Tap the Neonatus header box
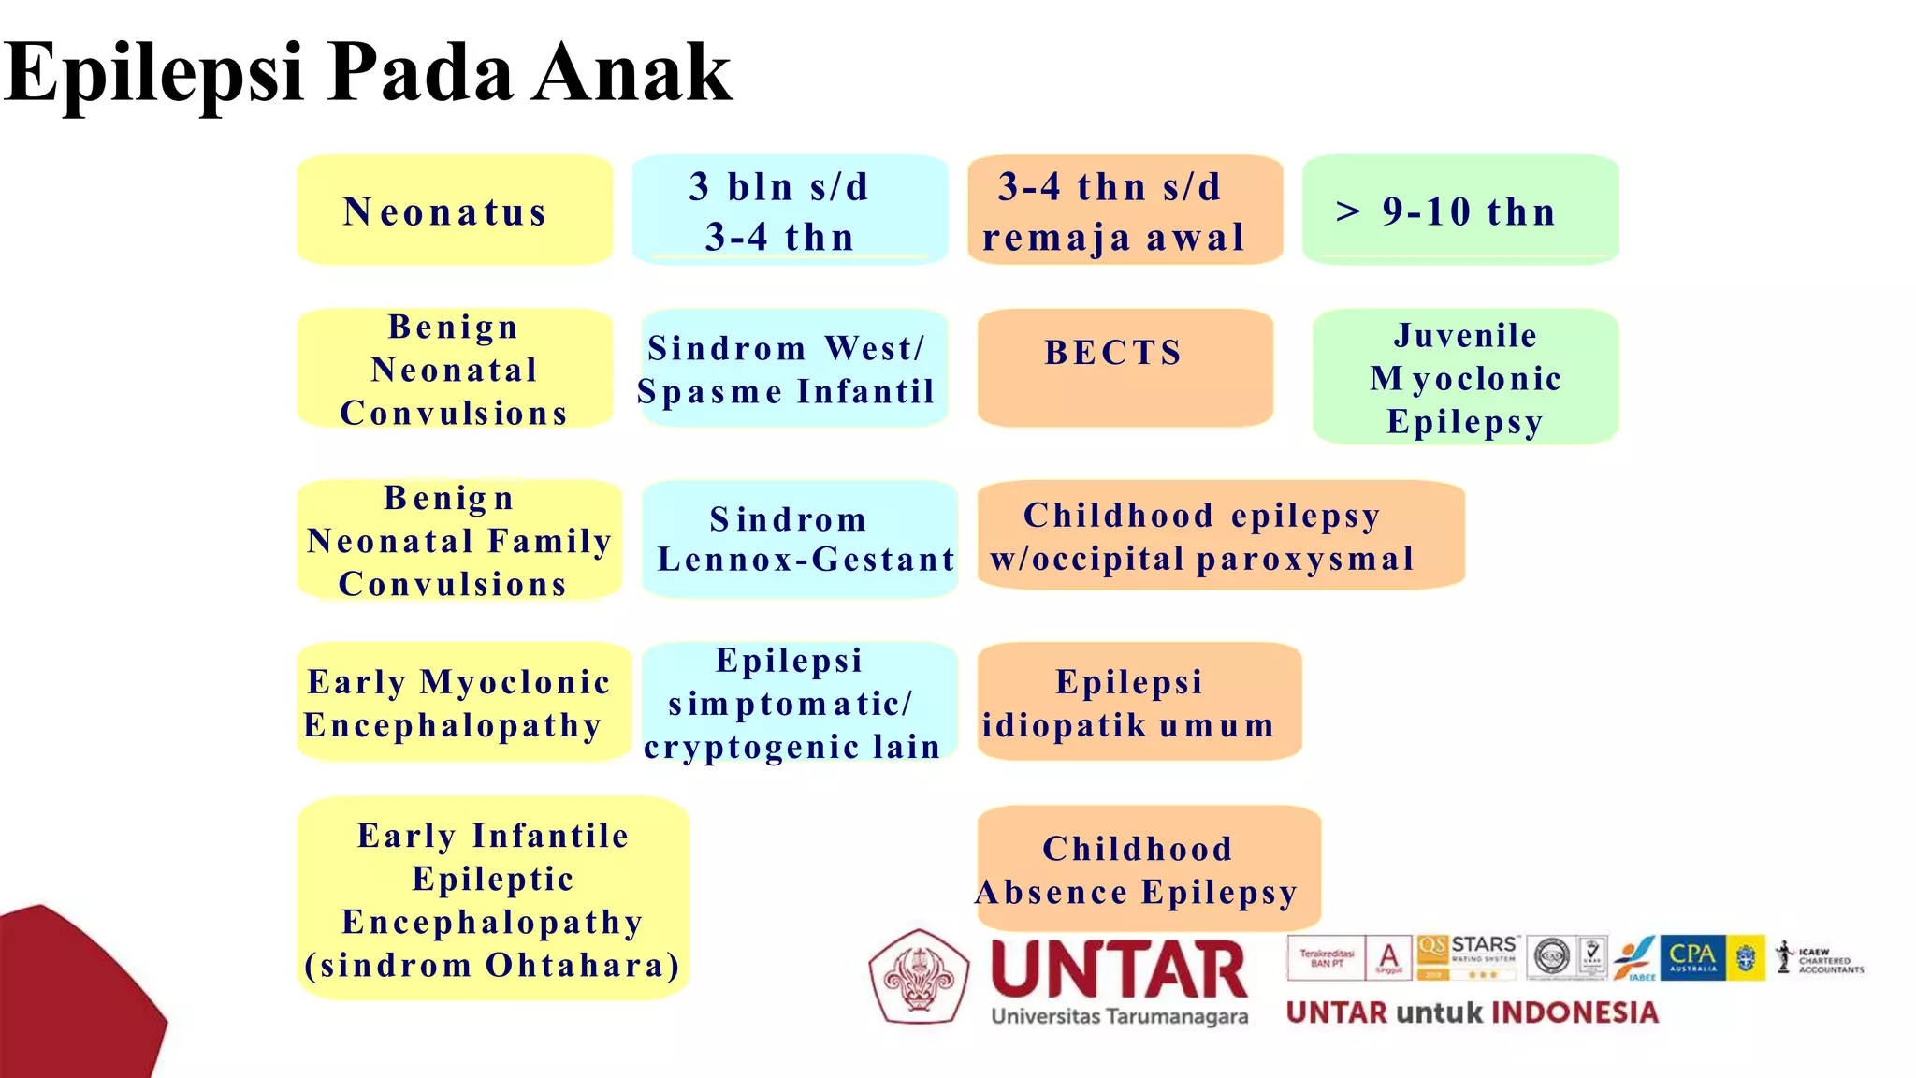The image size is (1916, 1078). (x=455, y=211)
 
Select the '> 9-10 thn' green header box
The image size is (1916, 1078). (x=1459, y=211)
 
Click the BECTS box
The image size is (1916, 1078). (x=1125, y=367)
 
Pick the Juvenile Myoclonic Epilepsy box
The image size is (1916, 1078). (x=1465, y=377)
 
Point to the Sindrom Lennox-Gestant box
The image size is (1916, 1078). (x=800, y=539)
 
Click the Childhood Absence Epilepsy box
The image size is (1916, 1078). (x=1147, y=869)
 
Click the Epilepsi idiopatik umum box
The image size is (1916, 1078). (x=1138, y=702)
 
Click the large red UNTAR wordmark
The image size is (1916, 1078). (x=1119, y=969)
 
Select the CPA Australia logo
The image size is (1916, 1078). (x=1692, y=957)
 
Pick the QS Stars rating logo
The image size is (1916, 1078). (x=1468, y=956)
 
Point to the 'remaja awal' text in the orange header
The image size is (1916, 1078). (x=1113, y=238)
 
